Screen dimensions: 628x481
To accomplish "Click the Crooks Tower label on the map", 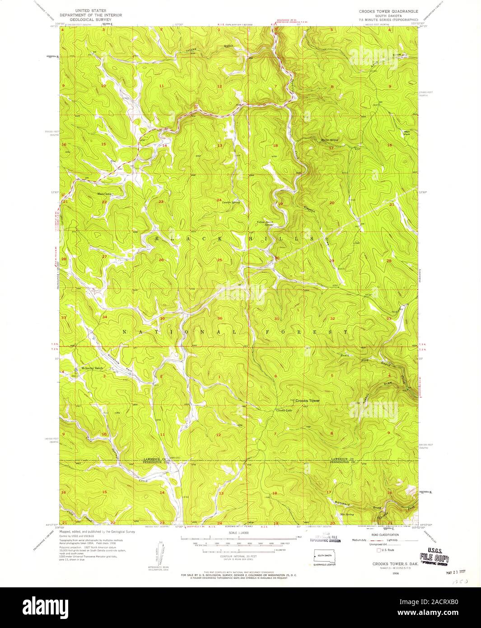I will click(308, 401).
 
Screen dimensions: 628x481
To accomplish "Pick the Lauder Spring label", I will click(230, 202).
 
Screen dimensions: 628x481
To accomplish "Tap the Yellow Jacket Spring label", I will click(266, 223).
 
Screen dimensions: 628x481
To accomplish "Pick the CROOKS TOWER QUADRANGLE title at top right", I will click(388, 10).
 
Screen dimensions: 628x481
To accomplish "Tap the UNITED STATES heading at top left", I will click(88, 10).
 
